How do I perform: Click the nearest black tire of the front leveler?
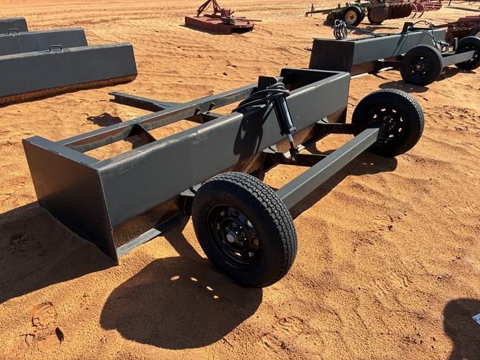click(x=245, y=229)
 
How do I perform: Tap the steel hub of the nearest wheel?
click(x=235, y=234)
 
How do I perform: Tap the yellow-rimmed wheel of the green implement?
click(x=352, y=16)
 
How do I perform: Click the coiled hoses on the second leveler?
click(x=340, y=29)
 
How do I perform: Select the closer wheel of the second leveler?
click(x=421, y=65)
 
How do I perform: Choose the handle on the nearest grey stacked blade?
click(x=56, y=47)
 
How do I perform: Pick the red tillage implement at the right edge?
click(x=464, y=26)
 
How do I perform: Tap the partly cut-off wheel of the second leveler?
click(x=469, y=52)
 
